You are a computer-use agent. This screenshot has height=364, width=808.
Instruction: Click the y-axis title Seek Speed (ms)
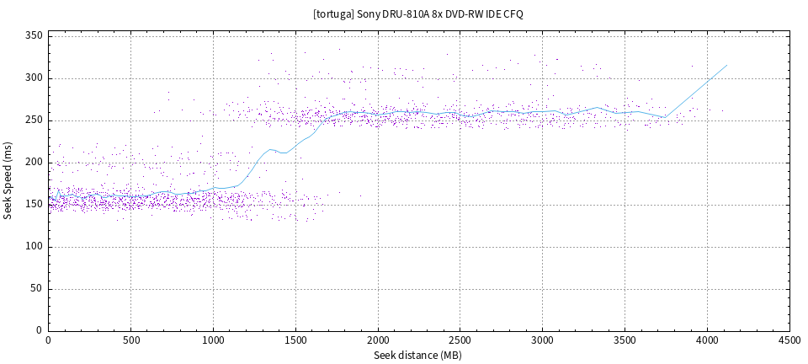click(x=8, y=180)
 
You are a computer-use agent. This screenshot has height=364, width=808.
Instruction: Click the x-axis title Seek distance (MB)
click(x=418, y=356)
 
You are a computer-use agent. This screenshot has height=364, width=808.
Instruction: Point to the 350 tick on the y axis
click(x=34, y=36)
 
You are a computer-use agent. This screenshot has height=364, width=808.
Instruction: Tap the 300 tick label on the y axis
click(x=34, y=78)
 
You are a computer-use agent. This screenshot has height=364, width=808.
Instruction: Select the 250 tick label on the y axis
click(x=34, y=120)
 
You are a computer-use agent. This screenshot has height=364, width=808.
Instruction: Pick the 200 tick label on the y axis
click(x=34, y=163)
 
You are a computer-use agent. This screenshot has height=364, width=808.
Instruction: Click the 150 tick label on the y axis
click(x=34, y=205)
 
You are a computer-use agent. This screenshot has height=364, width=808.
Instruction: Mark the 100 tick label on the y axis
click(x=34, y=247)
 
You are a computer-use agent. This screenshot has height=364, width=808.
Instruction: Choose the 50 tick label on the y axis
click(x=36, y=289)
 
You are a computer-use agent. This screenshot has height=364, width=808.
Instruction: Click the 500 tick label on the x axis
click(x=130, y=340)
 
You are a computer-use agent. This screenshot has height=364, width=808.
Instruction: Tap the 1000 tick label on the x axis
click(x=213, y=340)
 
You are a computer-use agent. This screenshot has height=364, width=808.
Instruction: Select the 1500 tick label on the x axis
click(x=295, y=340)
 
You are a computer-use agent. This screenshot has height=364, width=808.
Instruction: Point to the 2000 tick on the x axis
click(x=378, y=340)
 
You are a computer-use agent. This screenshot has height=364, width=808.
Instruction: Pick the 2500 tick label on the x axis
click(x=460, y=340)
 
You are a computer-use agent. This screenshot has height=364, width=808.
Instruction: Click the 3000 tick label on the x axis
click(x=543, y=340)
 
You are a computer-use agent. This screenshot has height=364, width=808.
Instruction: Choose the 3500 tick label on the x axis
click(x=625, y=340)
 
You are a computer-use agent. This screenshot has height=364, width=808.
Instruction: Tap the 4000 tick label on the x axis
click(x=708, y=340)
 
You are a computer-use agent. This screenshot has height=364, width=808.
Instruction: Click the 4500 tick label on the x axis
click(x=789, y=340)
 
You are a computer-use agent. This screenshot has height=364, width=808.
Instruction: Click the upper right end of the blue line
click(x=727, y=65)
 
